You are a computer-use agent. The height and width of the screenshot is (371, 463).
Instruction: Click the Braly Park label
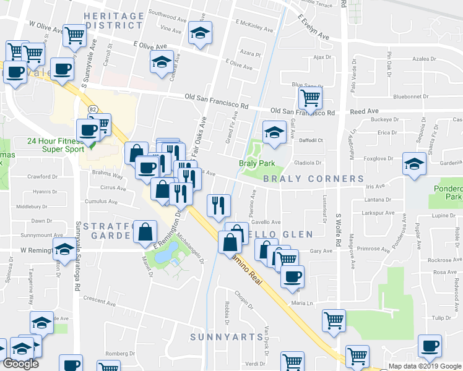coord(256,164)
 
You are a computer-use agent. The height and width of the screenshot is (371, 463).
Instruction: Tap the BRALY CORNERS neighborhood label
coord(313,179)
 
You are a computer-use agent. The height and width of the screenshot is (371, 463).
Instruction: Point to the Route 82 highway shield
coord(93,110)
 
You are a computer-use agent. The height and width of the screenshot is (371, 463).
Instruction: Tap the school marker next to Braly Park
coord(274,131)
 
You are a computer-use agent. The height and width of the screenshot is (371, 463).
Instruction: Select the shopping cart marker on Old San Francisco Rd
coord(309,96)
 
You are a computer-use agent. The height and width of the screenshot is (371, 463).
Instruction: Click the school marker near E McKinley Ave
coord(201,32)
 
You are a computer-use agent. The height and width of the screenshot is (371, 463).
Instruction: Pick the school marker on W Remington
coord(64,250)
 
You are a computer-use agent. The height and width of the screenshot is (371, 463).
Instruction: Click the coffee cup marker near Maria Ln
coord(292,275)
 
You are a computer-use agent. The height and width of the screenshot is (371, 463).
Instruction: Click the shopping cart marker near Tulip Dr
coord(334,320)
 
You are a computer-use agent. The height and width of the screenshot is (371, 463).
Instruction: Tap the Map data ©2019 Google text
coord(425,366)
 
